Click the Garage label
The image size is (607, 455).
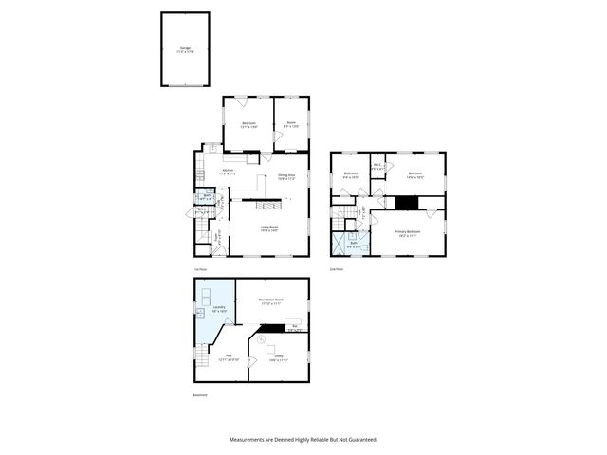(x=184, y=48)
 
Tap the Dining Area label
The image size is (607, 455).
(x=285, y=176)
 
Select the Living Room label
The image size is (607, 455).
(x=269, y=228)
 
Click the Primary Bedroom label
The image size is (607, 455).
(x=408, y=232)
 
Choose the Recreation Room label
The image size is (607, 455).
(x=271, y=301)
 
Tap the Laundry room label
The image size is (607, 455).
(x=218, y=309)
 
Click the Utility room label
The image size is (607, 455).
(x=278, y=359)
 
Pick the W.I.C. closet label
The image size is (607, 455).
(x=377, y=167)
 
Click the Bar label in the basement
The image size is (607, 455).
(x=296, y=329)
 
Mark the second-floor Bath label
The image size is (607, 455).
(x=353, y=245)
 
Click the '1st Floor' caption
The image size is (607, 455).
(x=199, y=269)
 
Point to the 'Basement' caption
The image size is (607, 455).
(x=200, y=395)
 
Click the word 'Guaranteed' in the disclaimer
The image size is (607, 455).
(x=359, y=440)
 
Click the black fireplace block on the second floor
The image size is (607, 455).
(x=406, y=202)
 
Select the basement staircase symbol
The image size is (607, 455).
(x=201, y=358)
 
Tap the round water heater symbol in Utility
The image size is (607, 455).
(x=262, y=338)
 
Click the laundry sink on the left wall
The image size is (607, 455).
(x=201, y=312)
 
